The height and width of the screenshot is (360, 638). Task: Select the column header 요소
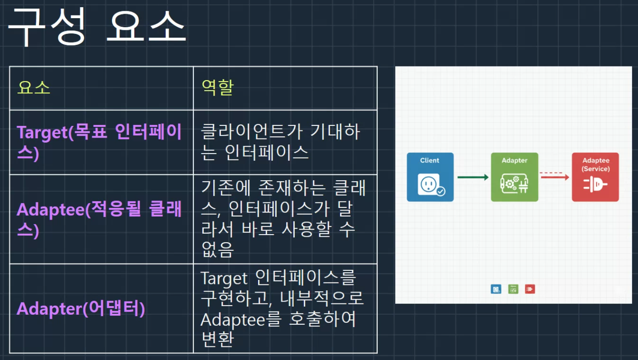tap(34, 87)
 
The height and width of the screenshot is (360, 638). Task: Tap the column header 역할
tap(218, 87)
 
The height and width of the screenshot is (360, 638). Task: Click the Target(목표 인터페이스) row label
tap(99, 142)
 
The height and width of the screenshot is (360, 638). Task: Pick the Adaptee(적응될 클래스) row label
tap(99, 219)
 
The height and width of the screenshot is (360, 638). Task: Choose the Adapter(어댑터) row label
tap(81, 308)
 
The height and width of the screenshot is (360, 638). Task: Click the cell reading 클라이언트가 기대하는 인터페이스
tap(281, 142)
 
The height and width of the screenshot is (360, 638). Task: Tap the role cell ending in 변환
tap(282, 308)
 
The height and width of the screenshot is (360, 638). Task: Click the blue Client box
tap(430, 177)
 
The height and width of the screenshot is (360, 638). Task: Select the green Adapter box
tap(514, 177)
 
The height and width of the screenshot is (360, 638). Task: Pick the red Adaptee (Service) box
tap(595, 177)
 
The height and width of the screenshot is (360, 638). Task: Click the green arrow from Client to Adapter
tap(473, 177)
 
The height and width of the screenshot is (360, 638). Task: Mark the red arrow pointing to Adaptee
tap(555, 177)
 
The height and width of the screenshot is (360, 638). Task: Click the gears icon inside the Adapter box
tap(514, 184)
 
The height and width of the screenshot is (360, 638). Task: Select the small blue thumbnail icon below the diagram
tap(496, 289)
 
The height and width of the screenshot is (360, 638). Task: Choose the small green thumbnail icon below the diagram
tap(513, 289)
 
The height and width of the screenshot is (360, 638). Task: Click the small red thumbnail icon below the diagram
tap(530, 289)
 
